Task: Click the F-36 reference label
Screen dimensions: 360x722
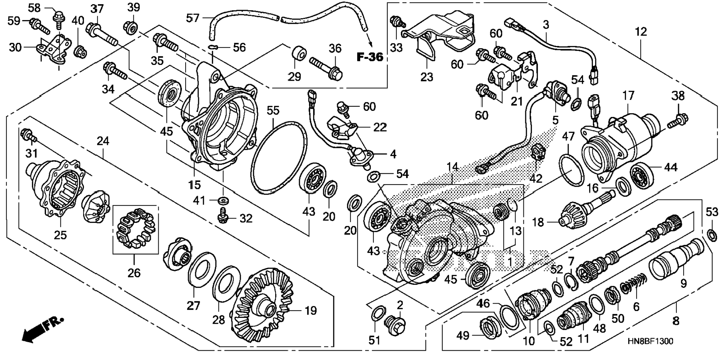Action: [x=370, y=57]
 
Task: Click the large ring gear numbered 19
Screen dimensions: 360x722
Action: [x=263, y=306]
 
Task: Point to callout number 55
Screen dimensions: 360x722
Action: [x=273, y=111]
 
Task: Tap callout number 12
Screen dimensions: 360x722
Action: [x=641, y=32]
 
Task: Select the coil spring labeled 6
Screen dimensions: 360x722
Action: [x=633, y=286]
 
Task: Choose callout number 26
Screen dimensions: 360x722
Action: [x=134, y=273]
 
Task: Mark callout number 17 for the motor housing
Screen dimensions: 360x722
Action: [x=628, y=96]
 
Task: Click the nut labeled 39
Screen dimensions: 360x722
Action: [x=131, y=27]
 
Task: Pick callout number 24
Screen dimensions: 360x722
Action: [x=103, y=141]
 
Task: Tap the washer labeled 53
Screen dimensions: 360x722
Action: [x=712, y=236]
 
